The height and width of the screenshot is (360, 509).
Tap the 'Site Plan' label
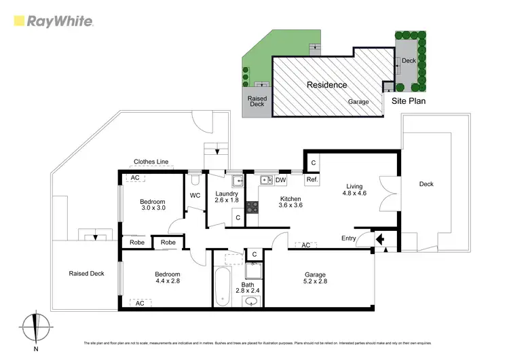(x=409, y=101)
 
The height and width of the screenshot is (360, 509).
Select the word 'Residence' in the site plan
(x=326, y=85)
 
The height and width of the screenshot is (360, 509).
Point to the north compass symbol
(x=36, y=327)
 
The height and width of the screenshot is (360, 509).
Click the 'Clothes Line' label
(x=151, y=162)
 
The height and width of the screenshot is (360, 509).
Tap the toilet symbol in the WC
(x=195, y=180)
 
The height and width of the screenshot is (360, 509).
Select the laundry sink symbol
(x=237, y=181)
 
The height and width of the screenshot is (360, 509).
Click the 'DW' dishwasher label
(x=280, y=180)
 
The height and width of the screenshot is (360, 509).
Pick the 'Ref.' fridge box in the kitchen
(x=312, y=180)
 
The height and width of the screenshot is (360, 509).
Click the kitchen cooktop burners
(x=252, y=207)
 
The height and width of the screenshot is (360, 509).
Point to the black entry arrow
(x=379, y=239)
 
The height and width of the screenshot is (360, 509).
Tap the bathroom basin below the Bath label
(x=252, y=302)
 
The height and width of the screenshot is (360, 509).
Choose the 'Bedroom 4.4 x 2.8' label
(x=152, y=277)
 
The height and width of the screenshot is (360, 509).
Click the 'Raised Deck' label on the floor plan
(x=87, y=274)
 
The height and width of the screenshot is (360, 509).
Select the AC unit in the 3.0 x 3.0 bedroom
(x=134, y=178)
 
